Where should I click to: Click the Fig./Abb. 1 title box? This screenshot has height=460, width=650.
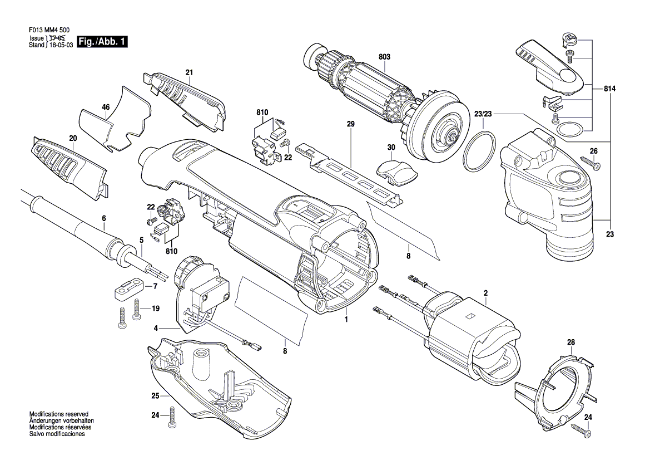pyautogui.click(x=103, y=42)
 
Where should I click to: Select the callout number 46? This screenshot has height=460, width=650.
pyautogui.click(x=106, y=107)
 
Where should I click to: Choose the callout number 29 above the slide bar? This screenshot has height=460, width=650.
pyautogui.click(x=350, y=125)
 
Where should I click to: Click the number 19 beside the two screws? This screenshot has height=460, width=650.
pyautogui.click(x=155, y=309)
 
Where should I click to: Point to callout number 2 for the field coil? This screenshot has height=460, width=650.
pyautogui.click(x=485, y=293)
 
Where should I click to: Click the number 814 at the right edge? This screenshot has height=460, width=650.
pyautogui.click(x=610, y=89)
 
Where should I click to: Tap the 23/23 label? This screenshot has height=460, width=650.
pyautogui.click(x=483, y=114)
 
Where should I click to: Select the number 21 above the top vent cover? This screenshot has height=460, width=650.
pyautogui.click(x=189, y=72)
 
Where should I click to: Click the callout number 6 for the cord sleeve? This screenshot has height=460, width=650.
pyautogui.click(x=103, y=218)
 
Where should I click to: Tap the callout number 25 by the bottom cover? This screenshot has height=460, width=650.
pyautogui.click(x=155, y=396)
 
